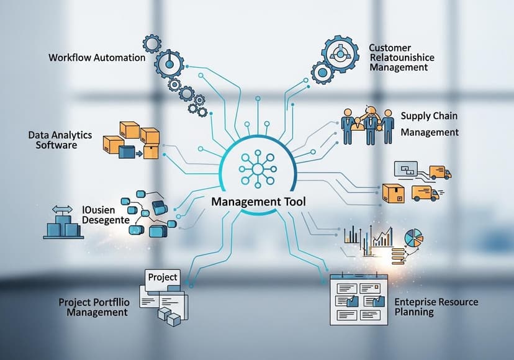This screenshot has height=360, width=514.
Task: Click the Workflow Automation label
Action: [97, 58]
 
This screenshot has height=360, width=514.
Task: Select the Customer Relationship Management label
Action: [401, 57]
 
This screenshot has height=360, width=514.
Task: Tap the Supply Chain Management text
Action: [430, 124]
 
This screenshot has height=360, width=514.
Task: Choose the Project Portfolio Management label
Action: [93, 307]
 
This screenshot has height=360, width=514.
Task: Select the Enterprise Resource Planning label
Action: [436, 307]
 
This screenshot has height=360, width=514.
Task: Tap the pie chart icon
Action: [414, 238]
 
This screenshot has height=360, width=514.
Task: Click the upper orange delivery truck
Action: [438, 171]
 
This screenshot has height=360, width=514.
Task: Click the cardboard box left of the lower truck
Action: [393, 192]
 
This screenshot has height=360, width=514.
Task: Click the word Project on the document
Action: [163, 277]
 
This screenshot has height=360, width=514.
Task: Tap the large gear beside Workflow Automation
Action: [167, 65]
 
